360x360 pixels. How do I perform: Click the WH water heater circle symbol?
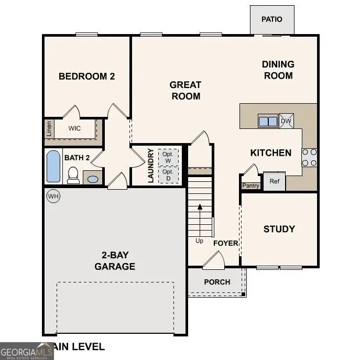53,196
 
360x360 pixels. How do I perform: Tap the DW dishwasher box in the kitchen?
286,121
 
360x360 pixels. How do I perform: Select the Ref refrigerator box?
274,181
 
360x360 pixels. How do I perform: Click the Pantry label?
250,186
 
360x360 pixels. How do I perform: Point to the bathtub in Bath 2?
53,166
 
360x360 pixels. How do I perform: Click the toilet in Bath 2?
73,175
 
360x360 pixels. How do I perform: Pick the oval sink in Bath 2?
92,179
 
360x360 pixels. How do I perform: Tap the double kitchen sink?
268,121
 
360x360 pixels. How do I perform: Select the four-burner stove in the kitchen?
309,157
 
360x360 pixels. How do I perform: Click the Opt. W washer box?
168,157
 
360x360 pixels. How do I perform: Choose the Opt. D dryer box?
168,174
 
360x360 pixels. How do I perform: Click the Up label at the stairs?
199,241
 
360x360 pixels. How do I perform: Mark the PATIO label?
271,19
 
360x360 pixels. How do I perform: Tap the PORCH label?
217,282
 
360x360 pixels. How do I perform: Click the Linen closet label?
49,128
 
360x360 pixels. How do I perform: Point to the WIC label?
74,128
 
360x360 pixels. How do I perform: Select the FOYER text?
226,243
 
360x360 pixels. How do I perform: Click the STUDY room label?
279,229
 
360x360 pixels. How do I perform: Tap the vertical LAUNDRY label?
151,166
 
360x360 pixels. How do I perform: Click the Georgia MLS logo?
26,351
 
